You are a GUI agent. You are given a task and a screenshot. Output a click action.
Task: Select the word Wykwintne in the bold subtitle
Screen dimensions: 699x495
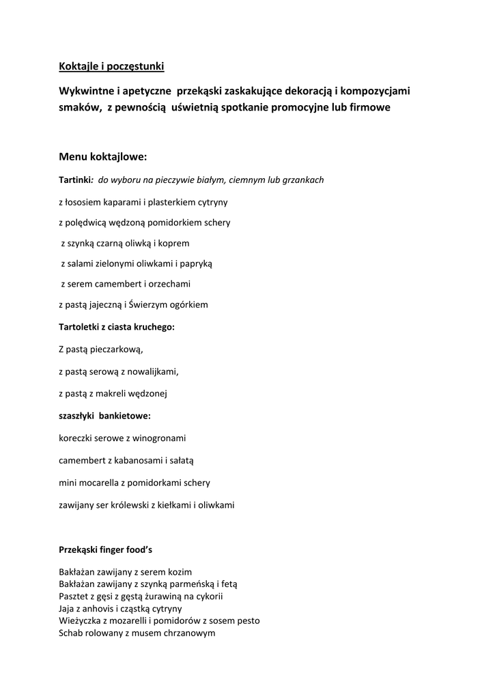click(x=86, y=91)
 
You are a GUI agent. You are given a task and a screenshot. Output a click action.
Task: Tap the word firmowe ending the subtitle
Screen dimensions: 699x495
click(x=371, y=108)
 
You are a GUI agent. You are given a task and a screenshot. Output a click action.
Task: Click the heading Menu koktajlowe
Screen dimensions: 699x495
click(x=102, y=157)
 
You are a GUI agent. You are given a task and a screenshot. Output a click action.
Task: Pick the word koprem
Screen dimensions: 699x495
click(x=174, y=243)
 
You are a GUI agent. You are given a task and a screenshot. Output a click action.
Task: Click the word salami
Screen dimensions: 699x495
click(x=83, y=263)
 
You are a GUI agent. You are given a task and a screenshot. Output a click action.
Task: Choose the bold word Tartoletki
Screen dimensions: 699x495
click(x=80, y=327)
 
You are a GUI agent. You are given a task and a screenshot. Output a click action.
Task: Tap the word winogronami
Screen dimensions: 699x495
click(x=160, y=438)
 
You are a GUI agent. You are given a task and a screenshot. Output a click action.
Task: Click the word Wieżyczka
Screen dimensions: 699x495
click(x=80, y=620)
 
